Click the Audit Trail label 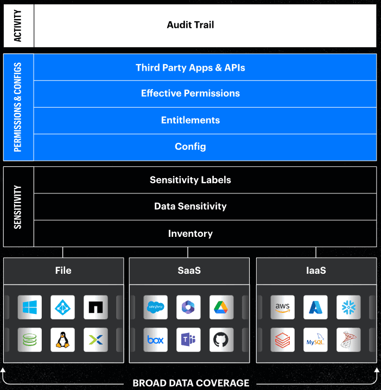click(x=190, y=25)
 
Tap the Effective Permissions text click(x=190, y=93)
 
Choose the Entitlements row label click(x=190, y=120)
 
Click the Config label click(x=190, y=147)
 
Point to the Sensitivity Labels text click(x=190, y=180)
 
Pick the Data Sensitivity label click(x=190, y=206)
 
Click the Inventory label click(x=190, y=234)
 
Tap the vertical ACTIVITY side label click(x=18, y=26)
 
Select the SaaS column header click(x=189, y=271)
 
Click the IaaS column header click(x=316, y=271)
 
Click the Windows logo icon click(x=30, y=307)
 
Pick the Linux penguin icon click(x=62, y=340)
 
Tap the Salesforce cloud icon click(x=156, y=307)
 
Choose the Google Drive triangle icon click(x=221, y=307)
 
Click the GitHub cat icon click(x=221, y=340)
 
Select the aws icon click(x=283, y=307)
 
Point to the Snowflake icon click(x=348, y=307)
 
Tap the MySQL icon click(x=315, y=340)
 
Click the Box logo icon click(x=156, y=340)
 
